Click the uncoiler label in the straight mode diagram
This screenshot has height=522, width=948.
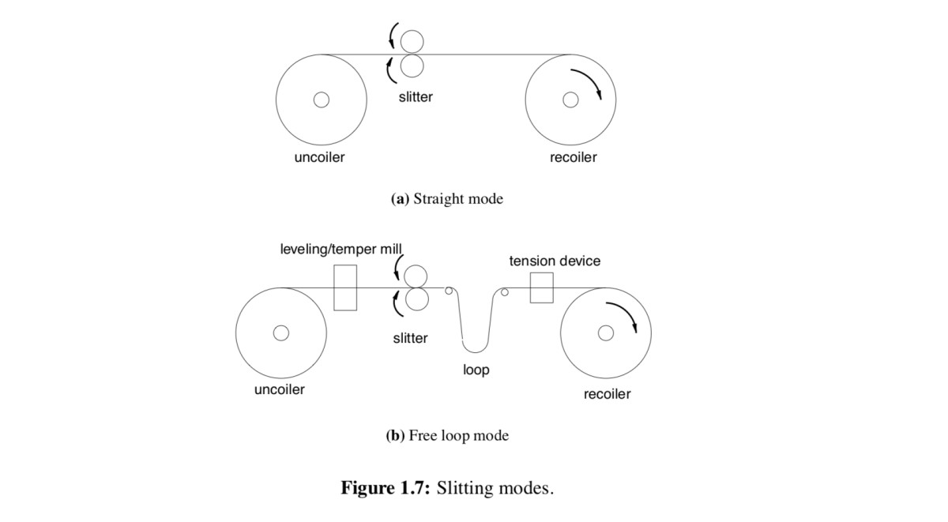tap(319, 157)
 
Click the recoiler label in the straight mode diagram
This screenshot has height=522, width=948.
tap(573, 157)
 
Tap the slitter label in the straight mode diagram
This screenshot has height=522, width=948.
tap(416, 97)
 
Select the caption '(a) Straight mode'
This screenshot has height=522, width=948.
tap(447, 199)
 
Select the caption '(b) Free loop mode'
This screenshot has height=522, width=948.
tap(447, 435)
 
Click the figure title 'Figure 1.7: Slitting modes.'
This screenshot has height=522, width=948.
tap(447, 487)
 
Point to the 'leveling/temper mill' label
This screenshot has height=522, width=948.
tap(341, 250)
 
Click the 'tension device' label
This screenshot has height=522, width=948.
tap(555, 261)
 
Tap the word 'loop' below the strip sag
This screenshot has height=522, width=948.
tap(476, 370)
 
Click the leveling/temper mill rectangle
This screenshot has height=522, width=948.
tap(345, 287)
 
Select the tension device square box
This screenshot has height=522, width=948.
tap(541, 287)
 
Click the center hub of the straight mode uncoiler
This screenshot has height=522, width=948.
tap(321, 100)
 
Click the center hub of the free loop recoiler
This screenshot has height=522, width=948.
tap(606, 333)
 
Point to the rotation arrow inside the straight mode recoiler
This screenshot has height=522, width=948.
tap(587, 82)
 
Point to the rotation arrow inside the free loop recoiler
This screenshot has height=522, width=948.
tap(623, 316)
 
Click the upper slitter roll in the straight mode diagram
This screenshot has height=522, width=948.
tap(412, 41)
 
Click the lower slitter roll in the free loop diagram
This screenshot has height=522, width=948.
tap(416, 299)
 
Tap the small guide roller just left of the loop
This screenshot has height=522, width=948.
tap(449, 291)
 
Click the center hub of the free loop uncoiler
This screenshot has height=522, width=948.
tap(280, 333)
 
